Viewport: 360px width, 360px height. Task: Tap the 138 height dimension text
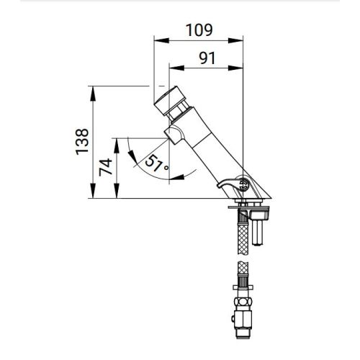pos(84,141)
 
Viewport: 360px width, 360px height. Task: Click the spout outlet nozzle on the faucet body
pos(174,134)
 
